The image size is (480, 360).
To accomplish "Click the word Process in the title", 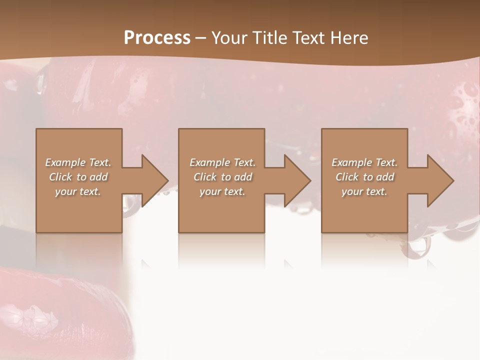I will [x=157, y=38].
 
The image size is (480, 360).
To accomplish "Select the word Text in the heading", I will [x=309, y=38].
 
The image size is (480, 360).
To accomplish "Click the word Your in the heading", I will [x=230, y=38].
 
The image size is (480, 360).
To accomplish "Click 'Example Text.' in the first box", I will [x=78, y=162].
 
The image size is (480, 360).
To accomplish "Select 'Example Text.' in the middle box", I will [x=222, y=162].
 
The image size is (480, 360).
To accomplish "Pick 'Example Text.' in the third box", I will [x=364, y=162].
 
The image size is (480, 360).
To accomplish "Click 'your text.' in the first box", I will [x=78, y=191].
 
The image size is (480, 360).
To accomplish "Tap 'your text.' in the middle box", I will [x=222, y=191].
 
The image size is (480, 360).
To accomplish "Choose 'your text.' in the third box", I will [x=364, y=191].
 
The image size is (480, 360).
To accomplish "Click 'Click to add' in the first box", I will [x=78, y=177].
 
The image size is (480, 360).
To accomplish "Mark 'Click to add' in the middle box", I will [x=222, y=177].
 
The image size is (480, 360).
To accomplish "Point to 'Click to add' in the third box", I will [x=364, y=177].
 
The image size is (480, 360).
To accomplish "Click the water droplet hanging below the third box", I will [x=419, y=246].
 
